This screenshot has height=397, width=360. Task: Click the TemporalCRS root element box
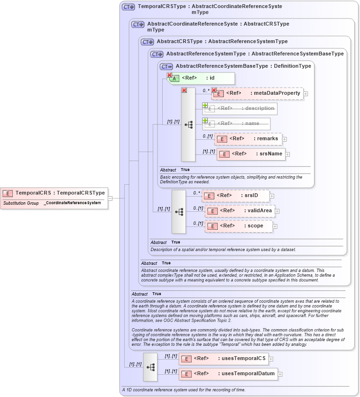[x=54, y=193]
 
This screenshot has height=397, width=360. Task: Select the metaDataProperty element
[x=257, y=93]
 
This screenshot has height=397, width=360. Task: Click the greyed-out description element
[x=240, y=108]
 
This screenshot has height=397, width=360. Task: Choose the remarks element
[x=248, y=139]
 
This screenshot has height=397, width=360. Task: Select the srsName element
[x=251, y=154]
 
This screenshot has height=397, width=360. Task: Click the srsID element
[x=236, y=196]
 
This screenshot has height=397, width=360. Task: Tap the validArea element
[x=240, y=211]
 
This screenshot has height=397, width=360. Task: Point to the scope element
[x=239, y=226]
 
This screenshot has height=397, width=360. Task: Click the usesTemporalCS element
[x=223, y=359]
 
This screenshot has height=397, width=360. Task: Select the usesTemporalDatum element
[x=228, y=374]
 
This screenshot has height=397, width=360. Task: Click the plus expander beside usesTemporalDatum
[x=280, y=374]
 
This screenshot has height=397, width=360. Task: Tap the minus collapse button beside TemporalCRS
[x=110, y=198]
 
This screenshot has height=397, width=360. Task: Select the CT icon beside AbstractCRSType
[x=148, y=42]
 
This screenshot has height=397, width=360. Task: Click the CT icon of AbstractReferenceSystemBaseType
[x=166, y=66]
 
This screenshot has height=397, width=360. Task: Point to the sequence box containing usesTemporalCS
[x=150, y=367]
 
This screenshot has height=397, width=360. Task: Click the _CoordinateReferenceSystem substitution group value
[x=73, y=203]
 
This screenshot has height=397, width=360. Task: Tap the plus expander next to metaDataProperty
[x=305, y=94]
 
